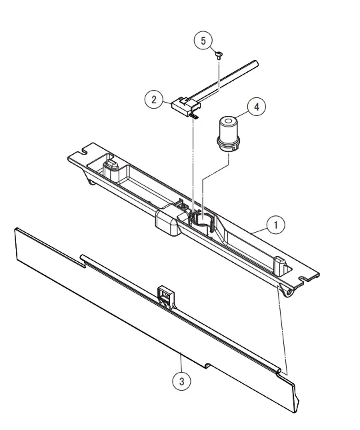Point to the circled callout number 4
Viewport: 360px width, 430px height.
[254, 107]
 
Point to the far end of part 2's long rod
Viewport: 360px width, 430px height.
[256, 65]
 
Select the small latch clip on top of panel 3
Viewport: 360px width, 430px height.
[165, 293]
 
